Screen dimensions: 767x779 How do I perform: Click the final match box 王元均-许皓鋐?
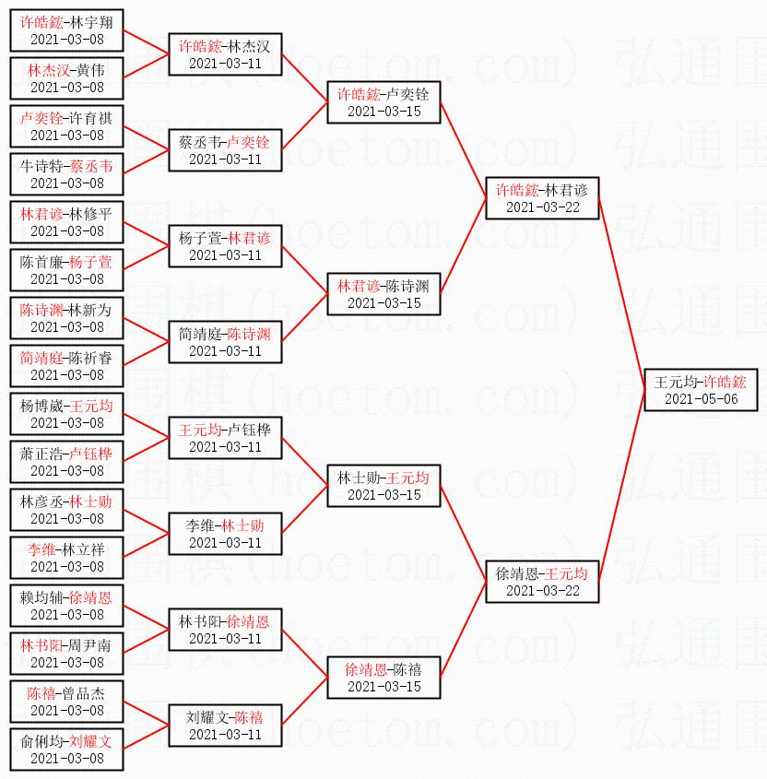point(701,389)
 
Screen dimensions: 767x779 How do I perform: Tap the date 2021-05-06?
point(701,399)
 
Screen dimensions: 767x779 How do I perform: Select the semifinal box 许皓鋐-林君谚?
point(542,197)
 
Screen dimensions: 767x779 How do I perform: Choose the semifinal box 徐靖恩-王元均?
point(542,581)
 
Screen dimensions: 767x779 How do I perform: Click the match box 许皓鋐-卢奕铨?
point(383,101)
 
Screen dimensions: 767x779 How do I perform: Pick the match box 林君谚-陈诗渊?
point(383,293)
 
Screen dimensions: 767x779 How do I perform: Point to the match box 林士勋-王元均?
point(383,485)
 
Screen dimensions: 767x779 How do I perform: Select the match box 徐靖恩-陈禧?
point(383,677)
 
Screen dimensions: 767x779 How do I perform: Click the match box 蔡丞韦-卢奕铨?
point(225,149)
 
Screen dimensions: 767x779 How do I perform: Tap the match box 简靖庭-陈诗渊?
point(225,341)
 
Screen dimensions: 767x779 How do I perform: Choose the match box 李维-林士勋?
point(225,533)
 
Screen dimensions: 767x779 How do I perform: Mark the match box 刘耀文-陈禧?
point(225,725)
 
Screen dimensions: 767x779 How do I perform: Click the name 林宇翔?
point(91,21)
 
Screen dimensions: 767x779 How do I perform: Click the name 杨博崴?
point(42,405)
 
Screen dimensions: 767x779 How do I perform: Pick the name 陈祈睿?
point(91,357)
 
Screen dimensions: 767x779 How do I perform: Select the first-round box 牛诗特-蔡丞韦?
point(66,173)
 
